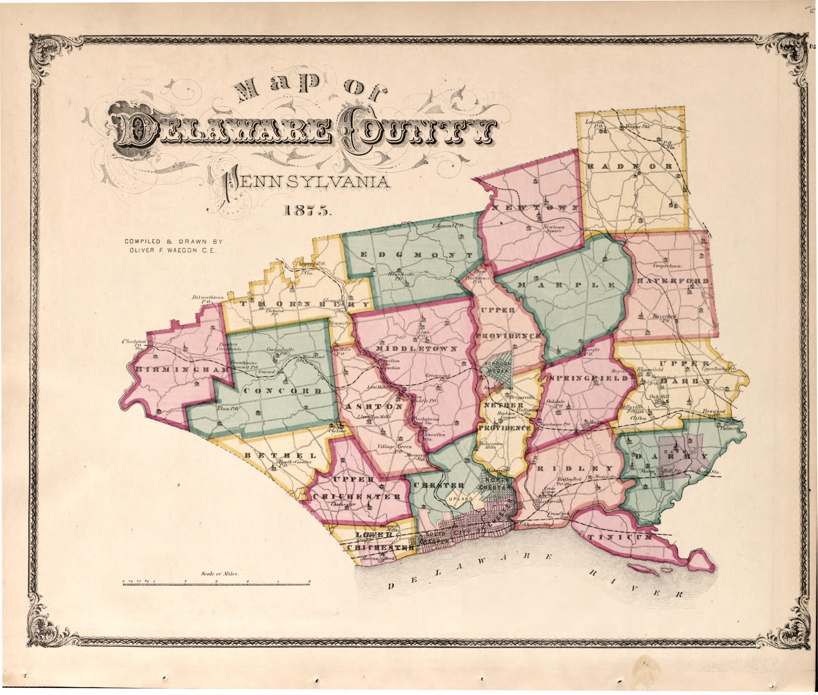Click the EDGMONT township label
tap(417, 255)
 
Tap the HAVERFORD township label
tap(673, 281)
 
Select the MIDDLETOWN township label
tap(417, 349)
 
